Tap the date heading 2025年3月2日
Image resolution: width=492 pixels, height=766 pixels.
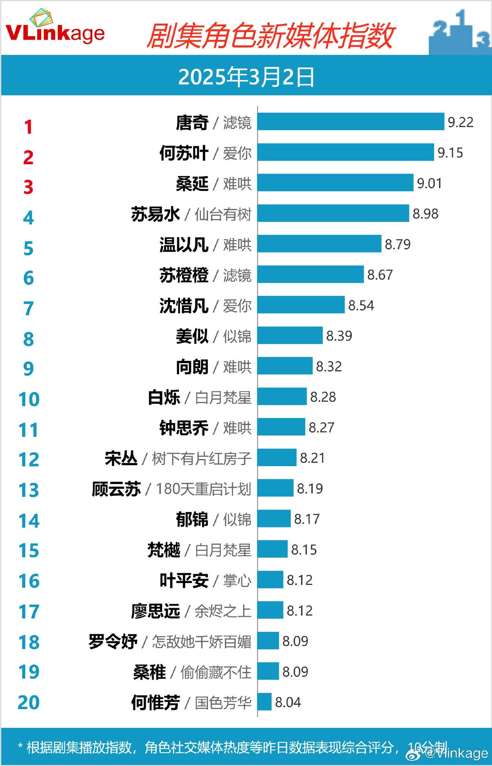pos(246,77)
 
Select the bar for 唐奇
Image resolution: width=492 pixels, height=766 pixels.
pos(350,122)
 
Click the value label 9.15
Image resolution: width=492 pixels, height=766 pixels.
pos(450,153)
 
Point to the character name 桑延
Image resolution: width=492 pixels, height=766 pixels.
pos(192,184)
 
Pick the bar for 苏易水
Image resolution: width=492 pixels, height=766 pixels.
pos(333,213)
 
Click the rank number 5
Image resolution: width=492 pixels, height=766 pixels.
pos(28,248)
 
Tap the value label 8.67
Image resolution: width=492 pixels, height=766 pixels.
pos(380,275)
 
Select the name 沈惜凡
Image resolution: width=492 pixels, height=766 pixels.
pos(184,306)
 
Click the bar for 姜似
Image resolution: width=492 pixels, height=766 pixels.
pos(290,335)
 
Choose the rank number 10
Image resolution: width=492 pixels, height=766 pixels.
pos(29,399)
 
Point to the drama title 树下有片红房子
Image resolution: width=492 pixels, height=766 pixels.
pos(202,459)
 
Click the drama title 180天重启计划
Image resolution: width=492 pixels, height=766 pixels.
pos(203,489)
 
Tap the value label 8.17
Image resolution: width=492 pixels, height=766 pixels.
pos(307,519)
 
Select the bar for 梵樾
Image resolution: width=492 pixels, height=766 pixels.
pos(272,549)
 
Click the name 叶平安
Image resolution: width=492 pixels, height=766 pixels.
pos(184,580)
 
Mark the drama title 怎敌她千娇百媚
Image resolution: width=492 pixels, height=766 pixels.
pos(202,642)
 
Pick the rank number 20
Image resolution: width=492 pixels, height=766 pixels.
pos(28,702)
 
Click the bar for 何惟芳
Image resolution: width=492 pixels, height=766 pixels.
pos(264,702)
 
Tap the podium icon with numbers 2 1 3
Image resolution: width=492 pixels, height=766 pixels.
pos(459,32)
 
